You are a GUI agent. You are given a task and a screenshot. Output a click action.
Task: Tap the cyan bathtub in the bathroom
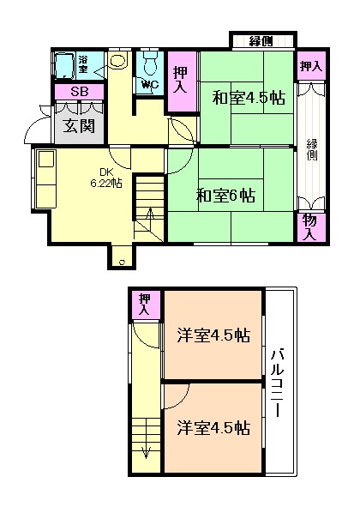point(64,65)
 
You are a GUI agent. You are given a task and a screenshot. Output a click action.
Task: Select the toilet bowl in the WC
point(151,63)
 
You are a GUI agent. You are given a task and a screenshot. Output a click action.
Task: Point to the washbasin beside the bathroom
point(118,63)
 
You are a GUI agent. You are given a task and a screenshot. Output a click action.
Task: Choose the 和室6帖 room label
point(224,194)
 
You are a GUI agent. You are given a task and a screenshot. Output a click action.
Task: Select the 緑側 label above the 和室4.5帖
point(261,41)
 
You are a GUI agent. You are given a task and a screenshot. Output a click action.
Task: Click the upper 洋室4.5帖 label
point(214,336)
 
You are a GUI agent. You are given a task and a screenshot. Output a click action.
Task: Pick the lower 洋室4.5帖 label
point(214,426)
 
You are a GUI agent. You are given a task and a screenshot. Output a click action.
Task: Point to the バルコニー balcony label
point(279,382)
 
